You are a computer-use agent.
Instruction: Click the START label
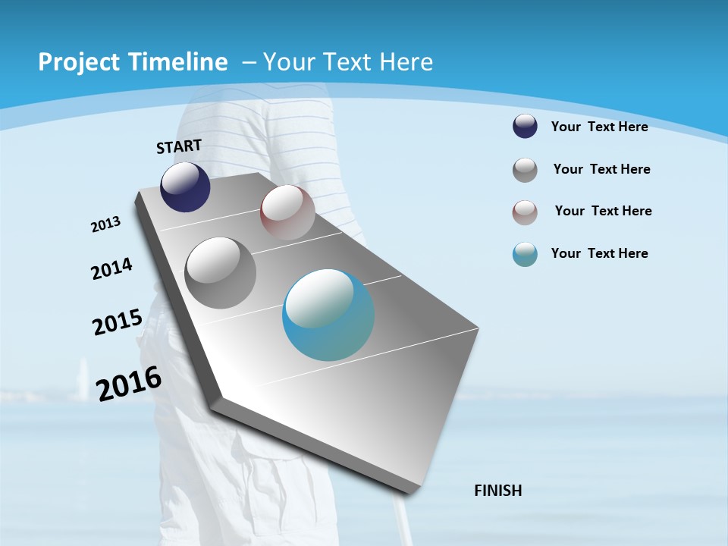coord(179,146)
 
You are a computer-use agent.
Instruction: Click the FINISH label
coord(498,491)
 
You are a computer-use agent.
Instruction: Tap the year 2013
coord(105,224)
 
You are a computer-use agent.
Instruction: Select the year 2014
coord(111,268)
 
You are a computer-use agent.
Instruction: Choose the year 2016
coord(129,384)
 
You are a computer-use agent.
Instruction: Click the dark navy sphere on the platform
coord(185,187)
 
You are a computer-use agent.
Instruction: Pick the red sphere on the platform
coord(287,212)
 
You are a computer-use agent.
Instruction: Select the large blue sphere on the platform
coord(328,315)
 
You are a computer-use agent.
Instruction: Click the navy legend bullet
coord(525,127)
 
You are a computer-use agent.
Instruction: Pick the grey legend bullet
coord(525,170)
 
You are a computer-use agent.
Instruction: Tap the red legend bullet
coord(525,212)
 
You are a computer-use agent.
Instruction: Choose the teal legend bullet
coord(525,254)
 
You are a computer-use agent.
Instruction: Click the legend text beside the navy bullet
coord(599,127)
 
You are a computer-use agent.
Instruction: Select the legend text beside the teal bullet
coord(599,253)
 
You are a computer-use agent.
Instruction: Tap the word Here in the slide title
coord(406,62)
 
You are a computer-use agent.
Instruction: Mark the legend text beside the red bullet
coord(603,211)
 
